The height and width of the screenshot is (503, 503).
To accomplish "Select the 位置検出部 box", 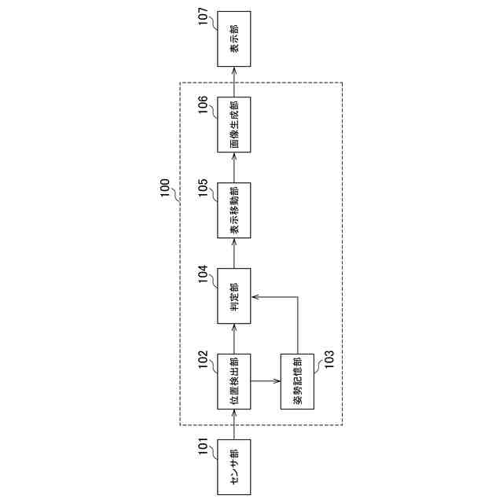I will (x=234, y=380).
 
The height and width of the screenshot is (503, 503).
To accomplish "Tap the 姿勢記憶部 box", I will (x=297, y=380).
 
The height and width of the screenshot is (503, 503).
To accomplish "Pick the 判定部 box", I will (x=234, y=296).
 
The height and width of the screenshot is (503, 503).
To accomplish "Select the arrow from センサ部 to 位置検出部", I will (x=234, y=424).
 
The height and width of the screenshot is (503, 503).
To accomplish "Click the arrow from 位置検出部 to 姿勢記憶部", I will (x=266, y=380).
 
